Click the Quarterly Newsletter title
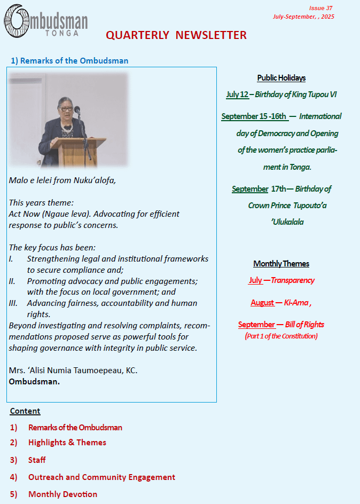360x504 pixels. [176, 35]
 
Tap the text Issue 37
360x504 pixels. [320, 8]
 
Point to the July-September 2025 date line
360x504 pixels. [303, 17]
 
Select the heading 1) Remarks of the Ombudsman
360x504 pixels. [69, 60]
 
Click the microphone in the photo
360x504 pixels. [77, 110]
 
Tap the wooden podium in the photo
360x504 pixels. [82, 152]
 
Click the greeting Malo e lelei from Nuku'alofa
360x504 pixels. [62, 180]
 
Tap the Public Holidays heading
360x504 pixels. [281, 78]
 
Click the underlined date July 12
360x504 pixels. [237, 94]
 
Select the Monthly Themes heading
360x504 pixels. [281, 264]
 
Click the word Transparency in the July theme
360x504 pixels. [293, 280]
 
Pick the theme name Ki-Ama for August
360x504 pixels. [296, 303]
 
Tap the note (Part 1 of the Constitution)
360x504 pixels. [281, 336]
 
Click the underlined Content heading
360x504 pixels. [25, 411]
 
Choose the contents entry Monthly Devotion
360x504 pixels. [62, 494]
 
